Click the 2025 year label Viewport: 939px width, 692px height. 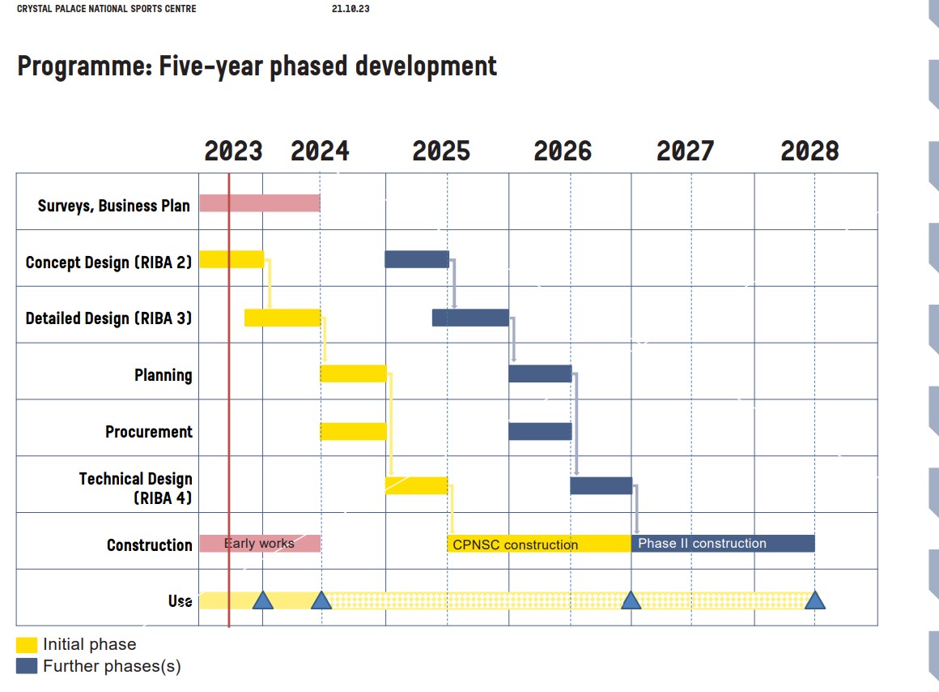(x=441, y=152)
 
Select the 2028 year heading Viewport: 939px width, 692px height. (x=809, y=152)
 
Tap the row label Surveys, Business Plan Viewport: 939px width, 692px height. (x=114, y=206)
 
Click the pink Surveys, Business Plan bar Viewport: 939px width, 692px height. (x=260, y=203)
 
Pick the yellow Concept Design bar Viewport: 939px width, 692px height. (x=232, y=259)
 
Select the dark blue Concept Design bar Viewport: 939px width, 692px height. (x=417, y=259)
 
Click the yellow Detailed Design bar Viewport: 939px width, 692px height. (x=283, y=318)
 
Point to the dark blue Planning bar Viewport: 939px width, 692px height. (x=540, y=374)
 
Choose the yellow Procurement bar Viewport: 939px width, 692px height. (x=354, y=431)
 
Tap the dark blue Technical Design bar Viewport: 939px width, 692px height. (x=601, y=485)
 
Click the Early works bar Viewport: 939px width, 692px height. (x=260, y=544)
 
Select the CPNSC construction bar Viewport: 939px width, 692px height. (x=539, y=544)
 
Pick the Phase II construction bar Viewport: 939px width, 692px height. (x=723, y=543)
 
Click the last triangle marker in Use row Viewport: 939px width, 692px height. (x=814, y=600)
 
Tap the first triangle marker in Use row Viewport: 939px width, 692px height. (x=262, y=600)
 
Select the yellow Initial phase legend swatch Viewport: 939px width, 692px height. (x=27, y=645)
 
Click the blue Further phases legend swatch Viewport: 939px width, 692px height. (x=27, y=666)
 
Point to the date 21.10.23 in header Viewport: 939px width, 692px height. (x=351, y=9)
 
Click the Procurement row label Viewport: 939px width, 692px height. (x=149, y=432)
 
